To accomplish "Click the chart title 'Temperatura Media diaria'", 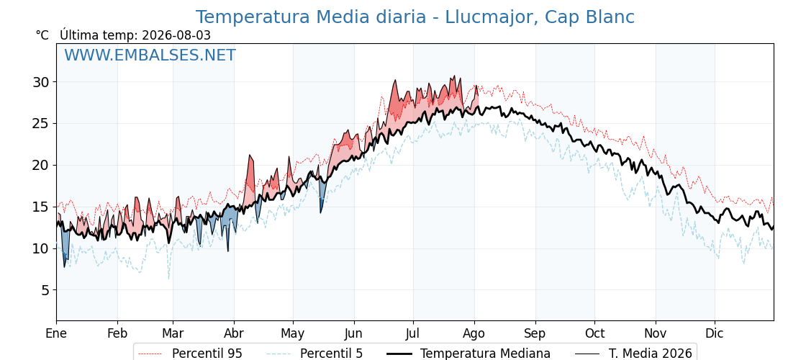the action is [x=310, y=17].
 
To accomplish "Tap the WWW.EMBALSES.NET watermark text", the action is [x=150, y=55].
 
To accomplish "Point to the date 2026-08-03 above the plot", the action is [x=176, y=35].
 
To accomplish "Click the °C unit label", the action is [x=42, y=35].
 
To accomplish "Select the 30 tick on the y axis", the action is [x=42, y=82].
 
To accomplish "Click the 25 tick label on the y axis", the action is [x=42, y=124].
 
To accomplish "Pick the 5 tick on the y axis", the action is [x=46, y=291].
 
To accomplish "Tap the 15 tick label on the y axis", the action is [x=42, y=207].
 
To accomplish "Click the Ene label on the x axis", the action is [x=57, y=333].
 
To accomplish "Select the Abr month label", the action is [x=234, y=333].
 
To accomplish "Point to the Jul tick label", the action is [x=413, y=333].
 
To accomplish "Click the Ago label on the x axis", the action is [x=474, y=333].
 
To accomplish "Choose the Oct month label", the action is [x=594, y=333].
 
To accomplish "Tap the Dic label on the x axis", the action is [x=715, y=333].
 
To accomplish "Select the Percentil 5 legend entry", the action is [x=315, y=354].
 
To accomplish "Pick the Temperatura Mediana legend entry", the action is [x=468, y=354].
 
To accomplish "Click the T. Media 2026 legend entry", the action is [x=634, y=354].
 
